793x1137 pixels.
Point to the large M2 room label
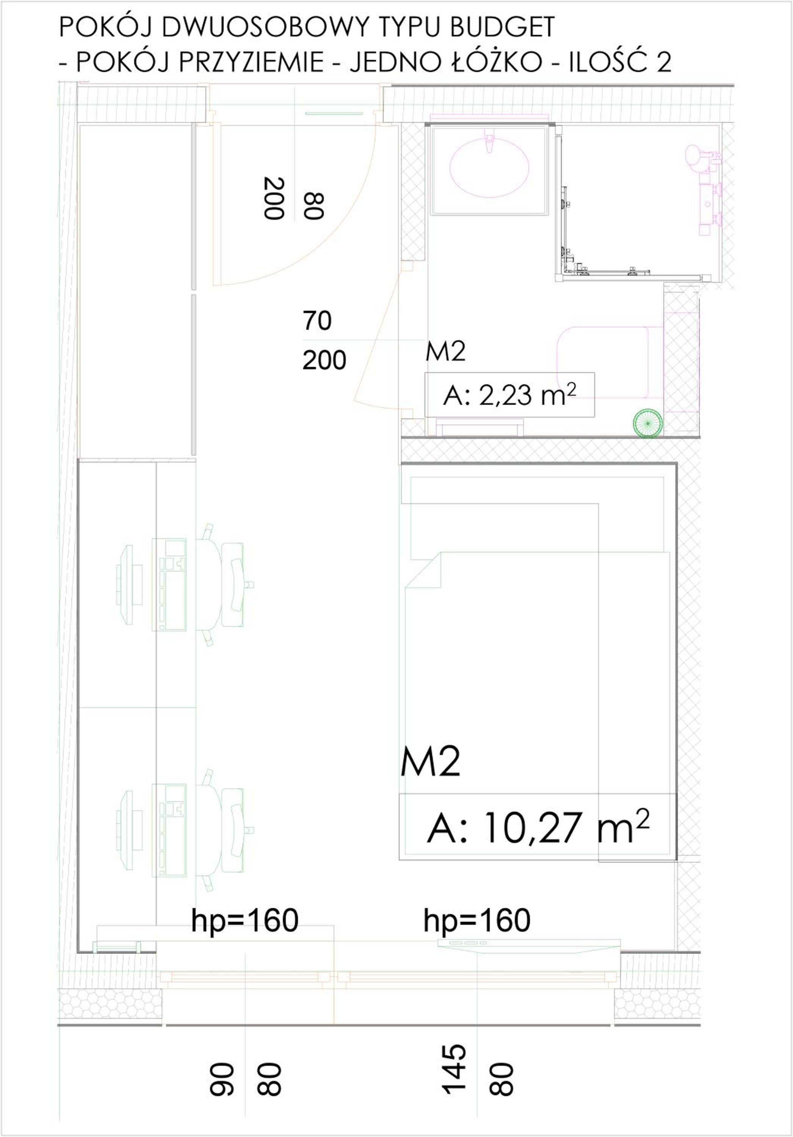431,762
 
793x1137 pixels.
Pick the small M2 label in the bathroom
445,352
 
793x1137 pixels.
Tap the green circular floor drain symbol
647,423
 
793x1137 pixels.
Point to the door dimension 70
317,321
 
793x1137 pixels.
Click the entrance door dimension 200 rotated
273,198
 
